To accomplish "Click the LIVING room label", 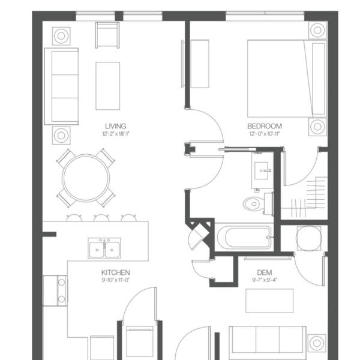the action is click(116, 126).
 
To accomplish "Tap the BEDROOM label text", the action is click(265, 126).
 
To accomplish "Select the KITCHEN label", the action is click(115, 272).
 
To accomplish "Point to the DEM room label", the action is click(265, 272).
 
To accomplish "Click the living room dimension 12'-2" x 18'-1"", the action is click(116, 134).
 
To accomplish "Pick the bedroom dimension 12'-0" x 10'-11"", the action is click(265, 134).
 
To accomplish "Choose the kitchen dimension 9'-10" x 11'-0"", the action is click(116, 280).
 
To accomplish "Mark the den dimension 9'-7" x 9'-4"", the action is click(265, 280).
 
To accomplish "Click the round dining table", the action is click(86, 178).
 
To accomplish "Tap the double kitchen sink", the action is click(104, 248).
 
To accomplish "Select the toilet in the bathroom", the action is click(258, 204).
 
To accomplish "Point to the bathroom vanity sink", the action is click(262, 170).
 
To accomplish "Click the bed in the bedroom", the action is click(287, 79).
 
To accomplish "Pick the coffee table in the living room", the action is click(107, 86).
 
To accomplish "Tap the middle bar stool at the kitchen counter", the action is click(101, 218).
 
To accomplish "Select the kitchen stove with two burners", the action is click(56, 290).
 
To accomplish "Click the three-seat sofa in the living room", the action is click(61, 86).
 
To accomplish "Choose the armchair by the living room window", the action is click(107, 35).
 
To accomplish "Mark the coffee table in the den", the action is click(269, 301).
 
